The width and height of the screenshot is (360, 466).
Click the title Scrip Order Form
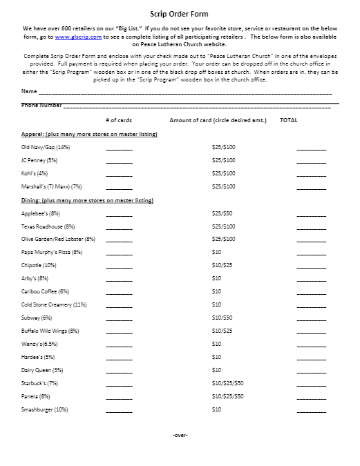[180, 13]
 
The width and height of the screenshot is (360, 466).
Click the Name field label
[30, 91]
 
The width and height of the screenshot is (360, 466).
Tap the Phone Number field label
[41, 105]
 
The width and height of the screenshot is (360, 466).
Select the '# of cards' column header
[118, 120]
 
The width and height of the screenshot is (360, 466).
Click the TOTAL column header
[288, 120]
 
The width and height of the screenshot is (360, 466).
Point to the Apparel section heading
[89, 134]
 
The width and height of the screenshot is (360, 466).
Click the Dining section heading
[87, 200]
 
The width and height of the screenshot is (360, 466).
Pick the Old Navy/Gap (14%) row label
[46, 147]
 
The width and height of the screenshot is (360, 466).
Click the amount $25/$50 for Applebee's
[222, 213]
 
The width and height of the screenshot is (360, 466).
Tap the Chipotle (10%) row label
[39, 265]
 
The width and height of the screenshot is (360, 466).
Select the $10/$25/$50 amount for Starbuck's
[227, 383]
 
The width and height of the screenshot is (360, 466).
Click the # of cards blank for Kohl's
[119, 174]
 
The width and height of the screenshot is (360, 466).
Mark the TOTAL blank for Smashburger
[311, 410]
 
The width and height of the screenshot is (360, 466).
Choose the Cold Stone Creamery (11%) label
[54, 304]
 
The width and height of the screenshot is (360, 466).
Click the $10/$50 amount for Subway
[222, 318]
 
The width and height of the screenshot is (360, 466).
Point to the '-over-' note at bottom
[180, 435]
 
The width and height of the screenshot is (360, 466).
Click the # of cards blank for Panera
[119, 397]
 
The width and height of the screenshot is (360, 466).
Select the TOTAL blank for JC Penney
[311, 161]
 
